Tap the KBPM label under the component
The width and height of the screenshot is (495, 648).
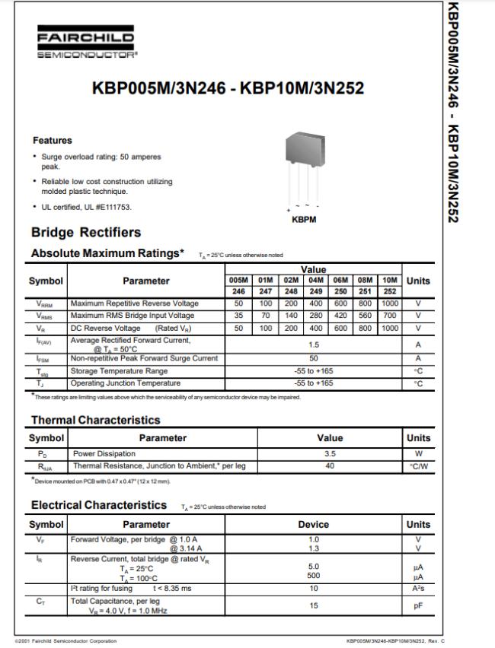point(304,220)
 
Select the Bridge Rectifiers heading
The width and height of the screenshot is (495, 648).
point(86,232)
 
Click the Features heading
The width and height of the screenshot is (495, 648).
point(52,141)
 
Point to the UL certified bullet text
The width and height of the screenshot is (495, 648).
point(89,208)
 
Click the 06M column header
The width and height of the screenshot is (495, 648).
point(340,280)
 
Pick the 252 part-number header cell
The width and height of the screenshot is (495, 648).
point(390,291)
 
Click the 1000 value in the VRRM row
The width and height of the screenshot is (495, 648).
point(390,303)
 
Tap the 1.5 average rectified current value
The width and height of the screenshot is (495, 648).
point(313,344)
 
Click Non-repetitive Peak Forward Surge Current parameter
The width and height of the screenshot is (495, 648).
point(144,358)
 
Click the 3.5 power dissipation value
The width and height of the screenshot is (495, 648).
point(330,453)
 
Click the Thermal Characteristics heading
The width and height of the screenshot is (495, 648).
point(95,420)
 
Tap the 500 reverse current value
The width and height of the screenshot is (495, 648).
point(313,576)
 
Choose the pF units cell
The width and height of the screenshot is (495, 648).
point(418,606)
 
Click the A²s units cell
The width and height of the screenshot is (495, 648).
point(418,589)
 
